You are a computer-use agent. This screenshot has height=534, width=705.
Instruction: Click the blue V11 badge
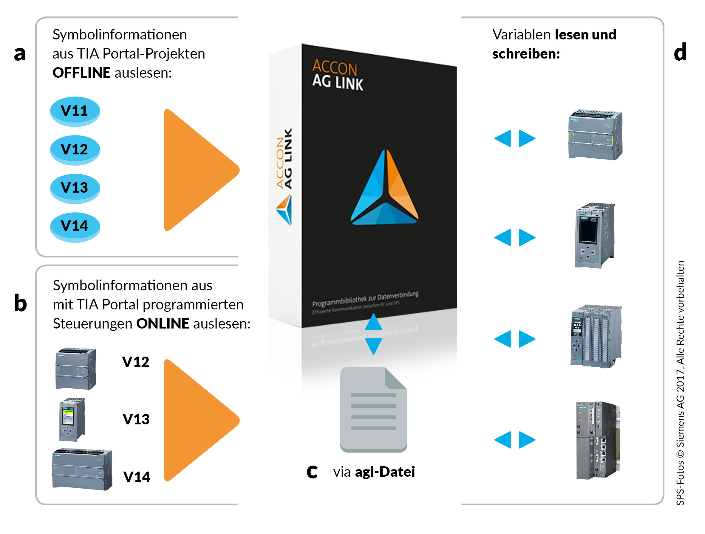[75, 111]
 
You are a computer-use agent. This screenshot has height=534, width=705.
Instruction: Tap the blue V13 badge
[75, 188]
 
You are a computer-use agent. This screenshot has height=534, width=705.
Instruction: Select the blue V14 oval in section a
[75, 226]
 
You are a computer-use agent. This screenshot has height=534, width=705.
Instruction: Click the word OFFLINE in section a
[81, 73]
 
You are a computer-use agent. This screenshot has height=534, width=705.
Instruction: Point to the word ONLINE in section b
[163, 324]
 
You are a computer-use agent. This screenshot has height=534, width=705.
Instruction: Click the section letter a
[20, 53]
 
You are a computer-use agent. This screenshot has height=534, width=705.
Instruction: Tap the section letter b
[20, 303]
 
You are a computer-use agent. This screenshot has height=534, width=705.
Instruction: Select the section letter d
[680, 52]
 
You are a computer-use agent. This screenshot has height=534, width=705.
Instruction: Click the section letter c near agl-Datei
[312, 472]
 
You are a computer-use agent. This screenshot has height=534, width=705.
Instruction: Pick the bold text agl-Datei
[385, 472]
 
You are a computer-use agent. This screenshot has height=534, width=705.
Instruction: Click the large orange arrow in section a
[198, 170]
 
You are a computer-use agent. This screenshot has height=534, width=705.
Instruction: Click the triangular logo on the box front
[384, 188]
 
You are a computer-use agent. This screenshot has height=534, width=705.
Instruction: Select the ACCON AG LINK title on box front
[337, 75]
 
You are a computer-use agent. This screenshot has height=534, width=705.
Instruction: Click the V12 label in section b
[136, 362]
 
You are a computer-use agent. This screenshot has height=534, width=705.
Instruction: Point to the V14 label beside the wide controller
[137, 477]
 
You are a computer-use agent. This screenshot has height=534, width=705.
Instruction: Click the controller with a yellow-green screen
[72, 419]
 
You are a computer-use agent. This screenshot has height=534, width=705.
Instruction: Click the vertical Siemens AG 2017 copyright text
[680, 383]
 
